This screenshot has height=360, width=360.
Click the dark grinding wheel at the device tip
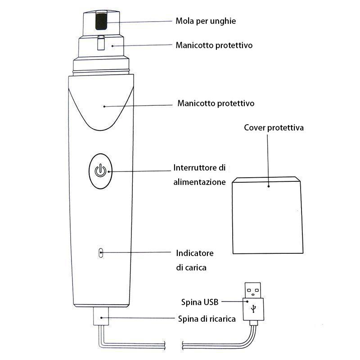(102, 21)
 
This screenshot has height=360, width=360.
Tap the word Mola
(184, 21)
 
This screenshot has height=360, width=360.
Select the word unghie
(223, 22)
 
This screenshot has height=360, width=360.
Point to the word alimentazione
(199, 182)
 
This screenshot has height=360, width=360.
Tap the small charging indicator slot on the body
(101, 253)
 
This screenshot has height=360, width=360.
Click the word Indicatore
(195, 253)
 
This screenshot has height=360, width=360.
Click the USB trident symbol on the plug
(253, 308)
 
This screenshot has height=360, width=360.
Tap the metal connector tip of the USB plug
(253, 289)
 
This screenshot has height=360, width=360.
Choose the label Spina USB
(200, 302)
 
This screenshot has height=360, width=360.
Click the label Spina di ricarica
(207, 319)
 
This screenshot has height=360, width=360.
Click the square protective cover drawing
(266, 216)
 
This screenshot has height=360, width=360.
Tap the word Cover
(255, 128)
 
